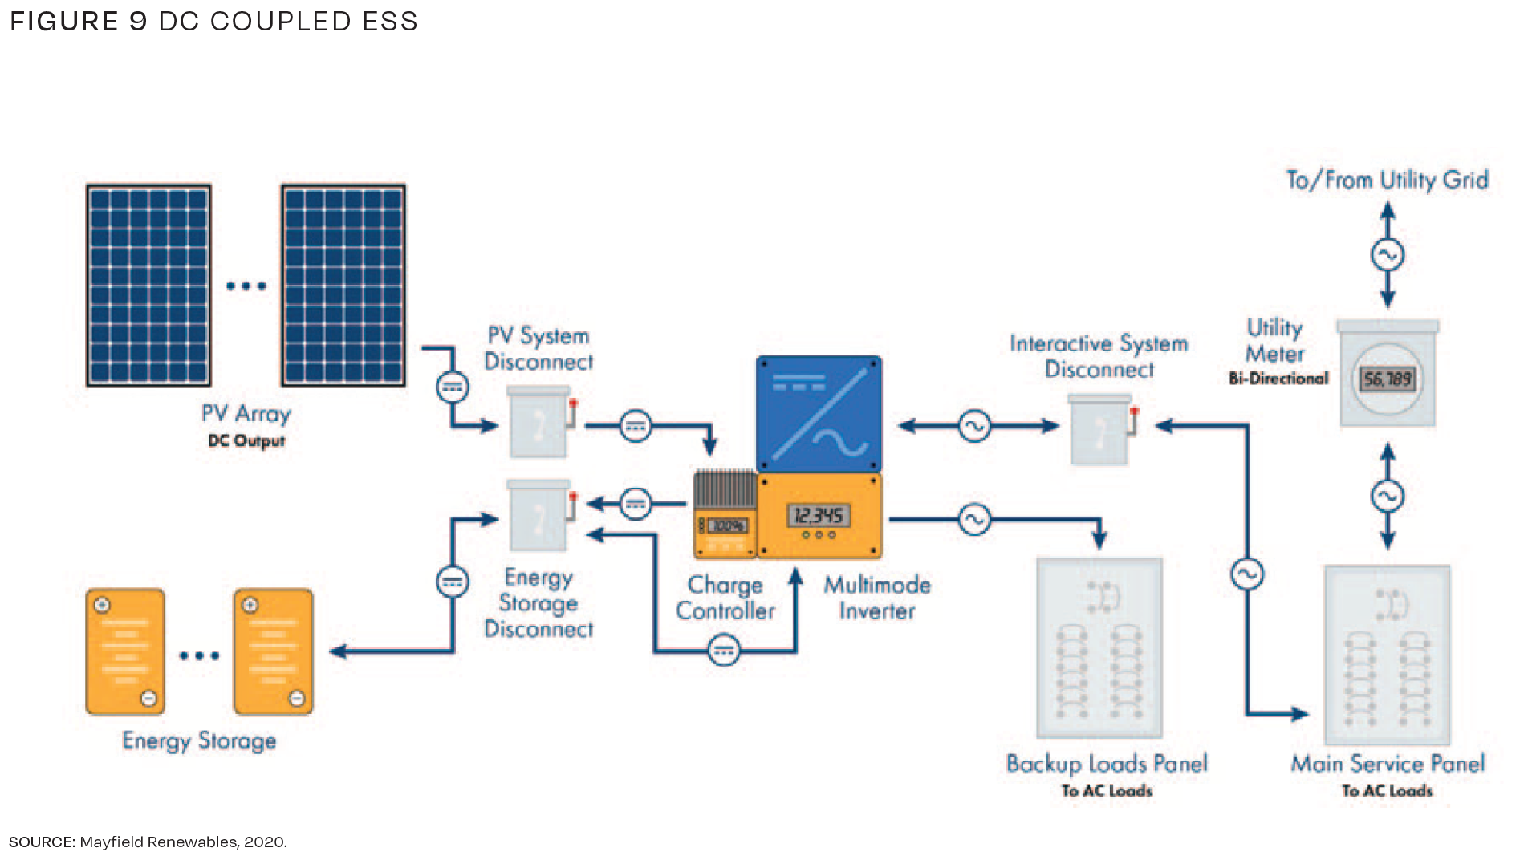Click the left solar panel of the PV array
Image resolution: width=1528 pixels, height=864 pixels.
coord(148,286)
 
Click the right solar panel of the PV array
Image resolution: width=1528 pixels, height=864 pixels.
coord(343,286)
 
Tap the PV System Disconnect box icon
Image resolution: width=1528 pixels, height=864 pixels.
coord(539,422)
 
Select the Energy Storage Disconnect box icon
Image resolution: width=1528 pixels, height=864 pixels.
coord(539,515)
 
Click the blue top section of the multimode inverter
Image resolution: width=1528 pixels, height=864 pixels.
coord(819,414)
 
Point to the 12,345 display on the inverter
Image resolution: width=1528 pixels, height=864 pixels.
coord(818,515)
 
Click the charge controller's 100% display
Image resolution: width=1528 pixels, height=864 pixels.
coord(727,525)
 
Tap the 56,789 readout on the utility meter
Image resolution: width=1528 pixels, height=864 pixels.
coord(1387,379)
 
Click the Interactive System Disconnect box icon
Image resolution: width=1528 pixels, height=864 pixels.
coord(1100,430)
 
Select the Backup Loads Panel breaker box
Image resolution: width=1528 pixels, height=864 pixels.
coord(1099,648)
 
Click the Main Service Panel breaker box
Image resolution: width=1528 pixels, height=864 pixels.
coord(1387,655)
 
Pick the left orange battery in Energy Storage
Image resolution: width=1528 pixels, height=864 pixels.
coord(125,651)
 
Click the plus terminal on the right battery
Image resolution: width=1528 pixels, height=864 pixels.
coord(250,605)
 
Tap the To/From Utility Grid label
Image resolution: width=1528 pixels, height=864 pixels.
coord(1387,180)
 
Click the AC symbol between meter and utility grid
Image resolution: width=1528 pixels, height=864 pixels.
coord(1387,256)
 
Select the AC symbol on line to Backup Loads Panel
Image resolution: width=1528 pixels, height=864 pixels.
coord(974,520)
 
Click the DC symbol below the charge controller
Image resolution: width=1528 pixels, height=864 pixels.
coord(724,651)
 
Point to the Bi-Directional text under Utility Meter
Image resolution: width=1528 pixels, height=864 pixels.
coord(1278,379)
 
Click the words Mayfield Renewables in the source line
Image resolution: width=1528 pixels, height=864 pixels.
coord(158,842)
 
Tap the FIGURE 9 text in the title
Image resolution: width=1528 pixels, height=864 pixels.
coord(79,22)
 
